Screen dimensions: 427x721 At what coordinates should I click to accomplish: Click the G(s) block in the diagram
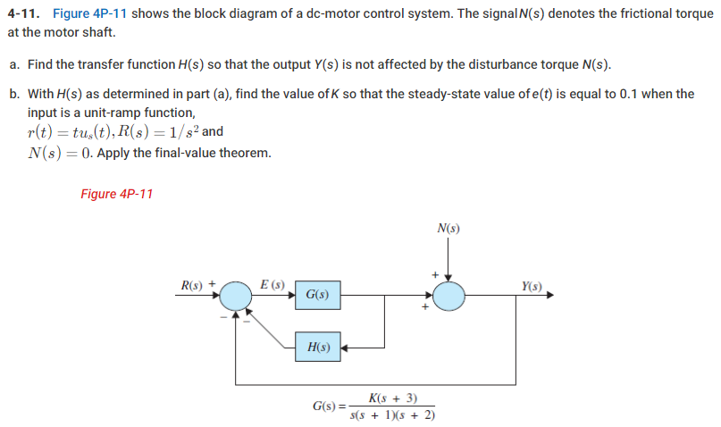pos(317,294)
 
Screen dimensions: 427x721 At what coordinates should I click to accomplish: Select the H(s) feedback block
pos(317,347)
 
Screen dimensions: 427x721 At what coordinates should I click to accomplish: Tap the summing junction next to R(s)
pos(237,295)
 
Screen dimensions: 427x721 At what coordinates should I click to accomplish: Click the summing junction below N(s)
pos(449,295)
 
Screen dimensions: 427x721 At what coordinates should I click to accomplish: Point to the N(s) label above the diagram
pos(449,228)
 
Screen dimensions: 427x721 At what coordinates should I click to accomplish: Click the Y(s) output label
pos(531,286)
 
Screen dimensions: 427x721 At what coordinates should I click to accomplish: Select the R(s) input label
pos(192,286)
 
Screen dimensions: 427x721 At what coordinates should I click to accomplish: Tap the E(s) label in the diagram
pos(272,285)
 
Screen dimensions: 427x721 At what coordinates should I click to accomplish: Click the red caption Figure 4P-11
pos(116,194)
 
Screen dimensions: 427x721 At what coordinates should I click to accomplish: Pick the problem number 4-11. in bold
pos(24,14)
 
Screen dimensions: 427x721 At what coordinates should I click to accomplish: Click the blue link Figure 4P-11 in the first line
pos(94,14)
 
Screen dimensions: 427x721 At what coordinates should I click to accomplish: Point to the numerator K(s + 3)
pos(392,398)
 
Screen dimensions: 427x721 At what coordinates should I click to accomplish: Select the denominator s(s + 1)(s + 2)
pos(392,414)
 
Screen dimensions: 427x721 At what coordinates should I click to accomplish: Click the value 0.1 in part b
pos(633,94)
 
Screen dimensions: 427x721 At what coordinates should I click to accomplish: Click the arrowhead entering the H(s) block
pos(343,347)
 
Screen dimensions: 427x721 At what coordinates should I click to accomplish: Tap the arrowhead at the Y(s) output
pos(550,294)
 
